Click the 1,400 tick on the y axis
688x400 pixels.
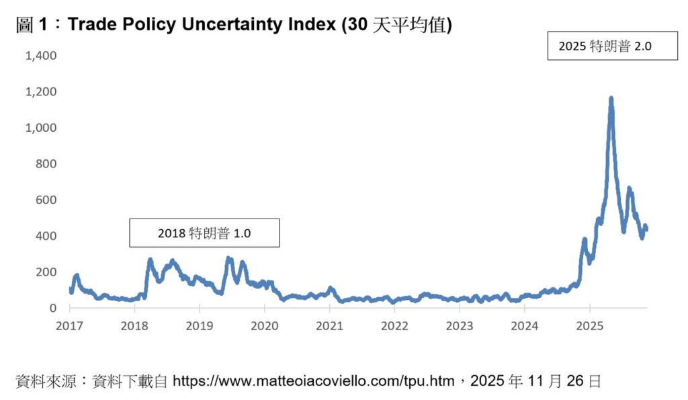point(41,55)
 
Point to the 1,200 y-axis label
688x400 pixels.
point(41,91)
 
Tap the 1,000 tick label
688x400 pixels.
point(41,128)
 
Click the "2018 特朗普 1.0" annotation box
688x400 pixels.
point(204,233)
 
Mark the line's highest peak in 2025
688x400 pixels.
point(611,99)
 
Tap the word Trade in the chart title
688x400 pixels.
point(91,25)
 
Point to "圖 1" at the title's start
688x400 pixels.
point(32,25)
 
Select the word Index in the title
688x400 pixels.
point(312,25)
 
